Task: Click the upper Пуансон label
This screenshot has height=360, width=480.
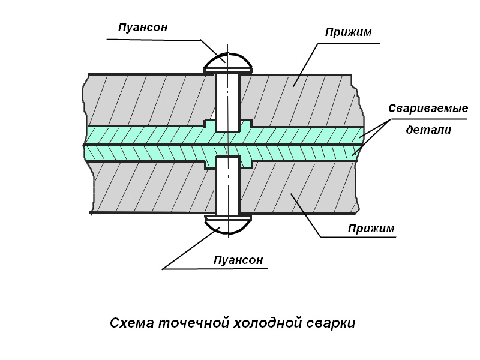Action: (x=143, y=27)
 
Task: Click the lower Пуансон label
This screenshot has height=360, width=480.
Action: (x=238, y=260)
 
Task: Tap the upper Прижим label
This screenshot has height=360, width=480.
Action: (x=348, y=32)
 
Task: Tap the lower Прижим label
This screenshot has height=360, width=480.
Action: (x=371, y=228)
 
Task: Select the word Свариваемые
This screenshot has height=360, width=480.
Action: (x=428, y=108)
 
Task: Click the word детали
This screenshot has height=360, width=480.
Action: (x=428, y=130)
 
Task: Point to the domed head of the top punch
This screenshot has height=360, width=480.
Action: (x=228, y=63)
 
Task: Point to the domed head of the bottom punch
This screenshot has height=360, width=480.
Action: (x=228, y=224)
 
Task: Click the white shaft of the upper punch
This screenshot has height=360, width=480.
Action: (x=228, y=103)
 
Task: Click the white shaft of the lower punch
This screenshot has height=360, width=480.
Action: (x=228, y=185)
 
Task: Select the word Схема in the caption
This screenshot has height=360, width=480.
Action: (x=131, y=323)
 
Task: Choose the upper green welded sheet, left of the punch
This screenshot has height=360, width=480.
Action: (x=145, y=135)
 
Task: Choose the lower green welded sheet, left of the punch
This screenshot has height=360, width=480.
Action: (x=145, y=152)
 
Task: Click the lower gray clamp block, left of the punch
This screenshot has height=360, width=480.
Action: (x=153, y=187)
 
